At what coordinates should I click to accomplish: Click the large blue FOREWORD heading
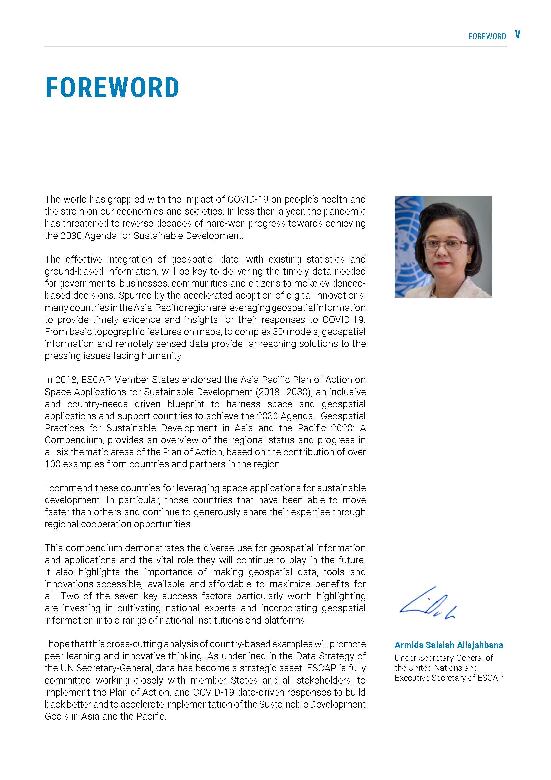(x=112, y=88)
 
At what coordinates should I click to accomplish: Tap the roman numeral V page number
(x=517, y=35)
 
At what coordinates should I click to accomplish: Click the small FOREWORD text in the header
(x=487, y=37)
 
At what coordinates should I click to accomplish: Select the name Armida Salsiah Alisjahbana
(x=448, y=645)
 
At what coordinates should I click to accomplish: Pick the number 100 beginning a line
(x=51, y=464)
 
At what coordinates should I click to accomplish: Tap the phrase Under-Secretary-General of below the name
(x=443, y=658)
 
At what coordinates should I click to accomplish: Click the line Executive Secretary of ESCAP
(x=448, y=678)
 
